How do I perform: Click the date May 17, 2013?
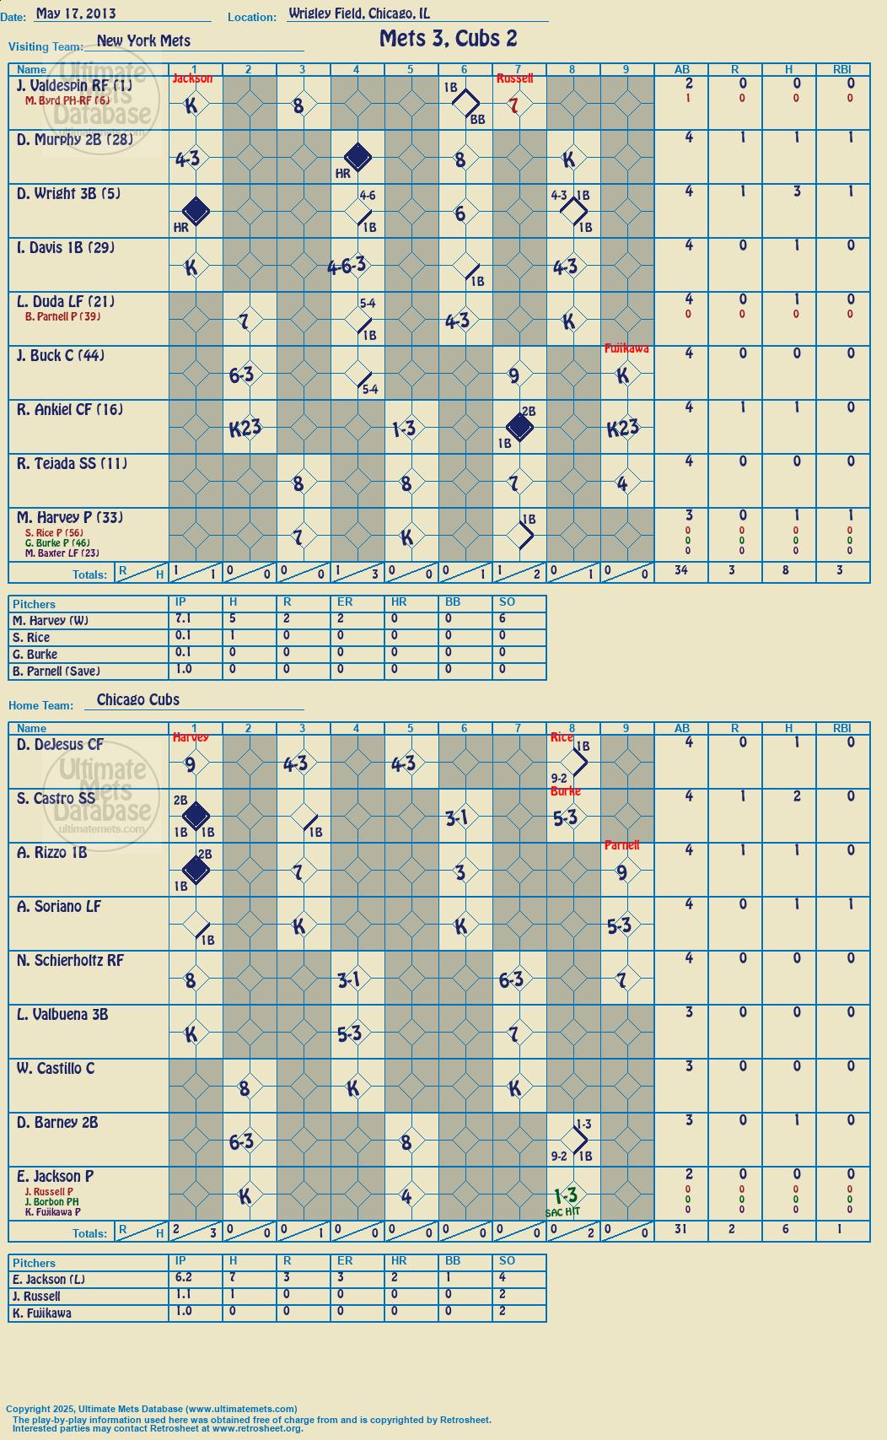coord(76,13)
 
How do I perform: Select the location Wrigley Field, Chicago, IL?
coord(359,13)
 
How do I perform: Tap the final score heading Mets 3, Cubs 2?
coord(448,39)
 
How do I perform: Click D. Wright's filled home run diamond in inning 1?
coord(196,211)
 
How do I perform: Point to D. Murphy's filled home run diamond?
coord(357,157)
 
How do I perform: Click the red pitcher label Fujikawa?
coord(626,348)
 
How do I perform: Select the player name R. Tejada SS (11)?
coord(72,463)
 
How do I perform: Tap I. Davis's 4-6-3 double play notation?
coord(347,265)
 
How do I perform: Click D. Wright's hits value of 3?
coord(797,191)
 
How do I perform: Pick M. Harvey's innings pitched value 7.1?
coord(183,618)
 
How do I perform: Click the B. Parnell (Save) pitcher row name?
coord(56,671)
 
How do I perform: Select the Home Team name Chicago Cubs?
coord(138,699)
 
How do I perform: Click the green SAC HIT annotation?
coord(562,1211)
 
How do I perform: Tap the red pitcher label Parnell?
coord(621,844)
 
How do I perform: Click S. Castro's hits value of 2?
coord(797,796)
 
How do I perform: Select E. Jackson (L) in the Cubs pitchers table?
coord(49,1279)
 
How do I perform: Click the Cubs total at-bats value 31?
coord(680,1229)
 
